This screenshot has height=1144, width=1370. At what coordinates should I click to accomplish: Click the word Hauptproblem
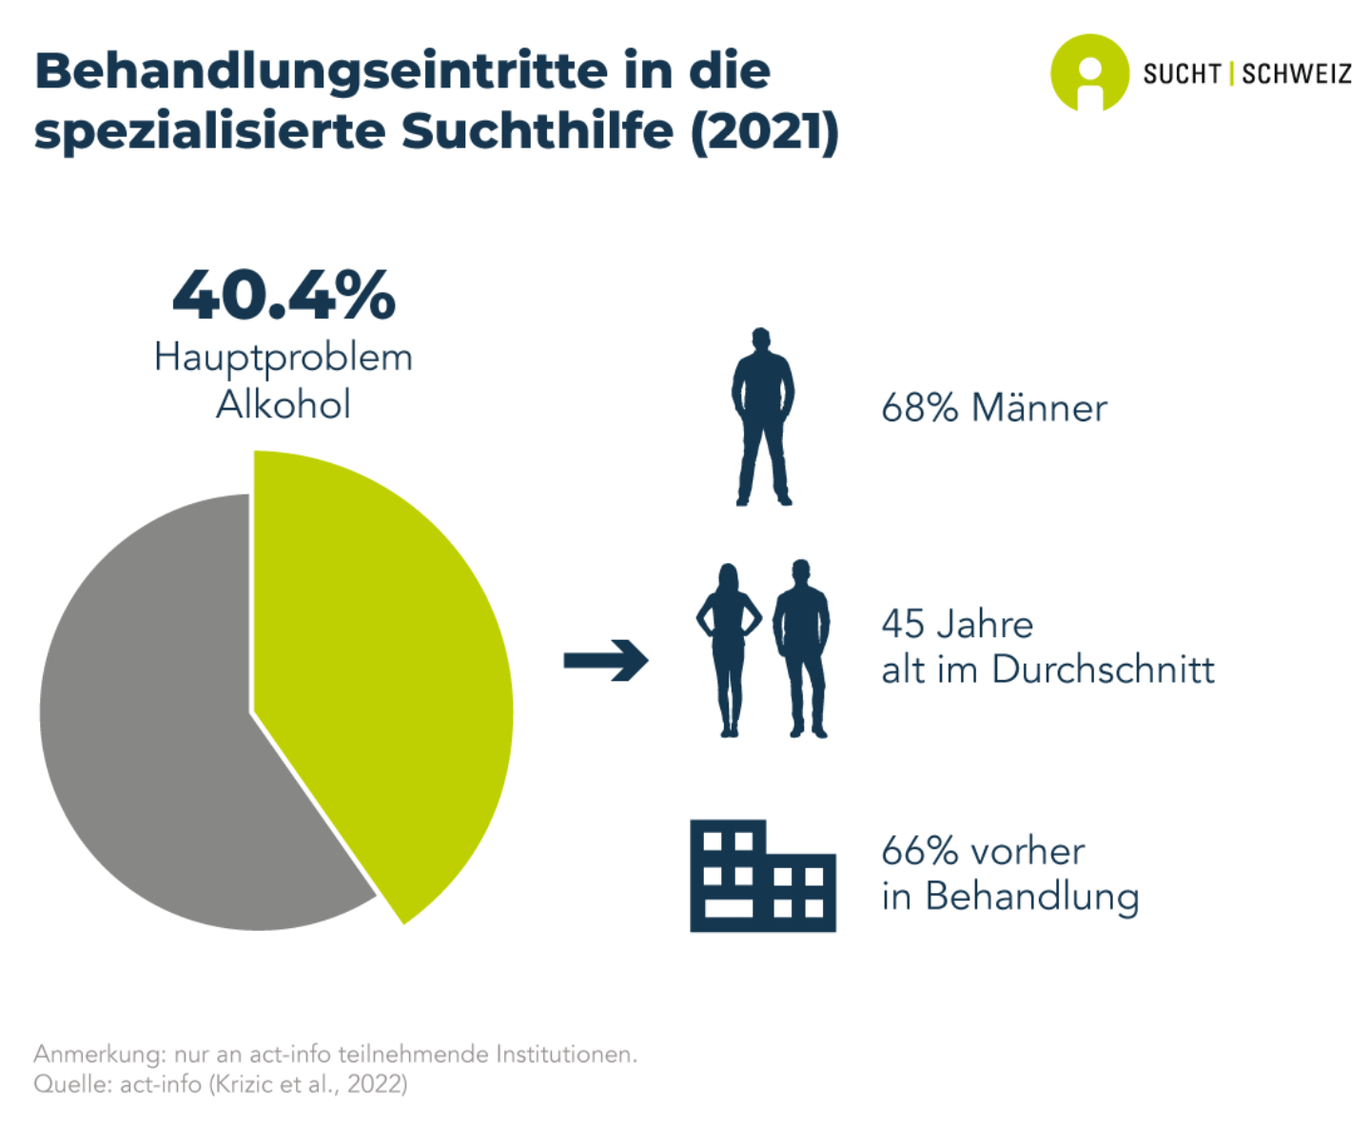(284, 359)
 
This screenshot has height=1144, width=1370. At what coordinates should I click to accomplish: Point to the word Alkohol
(284, 405)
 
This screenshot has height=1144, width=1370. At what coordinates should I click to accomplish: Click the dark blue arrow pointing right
(605, 660)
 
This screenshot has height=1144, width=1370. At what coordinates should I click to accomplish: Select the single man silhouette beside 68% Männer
(762, 417)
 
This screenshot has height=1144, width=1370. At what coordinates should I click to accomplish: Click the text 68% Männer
(993, 409)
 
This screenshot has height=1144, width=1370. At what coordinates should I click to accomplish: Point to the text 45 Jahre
(956, 625)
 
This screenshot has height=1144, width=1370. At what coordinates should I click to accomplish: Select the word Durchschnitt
(1103, 670)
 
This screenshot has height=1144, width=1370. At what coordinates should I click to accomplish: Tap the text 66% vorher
(982, 851)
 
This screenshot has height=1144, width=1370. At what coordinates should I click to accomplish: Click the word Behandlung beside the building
(1031, 897)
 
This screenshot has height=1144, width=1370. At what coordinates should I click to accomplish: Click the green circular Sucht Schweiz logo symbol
(1089, 73)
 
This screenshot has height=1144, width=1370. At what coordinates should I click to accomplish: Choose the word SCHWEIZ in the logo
(1297, 74)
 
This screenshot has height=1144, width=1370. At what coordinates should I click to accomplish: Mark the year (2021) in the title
(765, 131)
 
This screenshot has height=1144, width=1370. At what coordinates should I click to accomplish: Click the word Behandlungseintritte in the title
(320, 71)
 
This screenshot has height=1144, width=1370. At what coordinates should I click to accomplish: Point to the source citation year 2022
(376, 1084)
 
